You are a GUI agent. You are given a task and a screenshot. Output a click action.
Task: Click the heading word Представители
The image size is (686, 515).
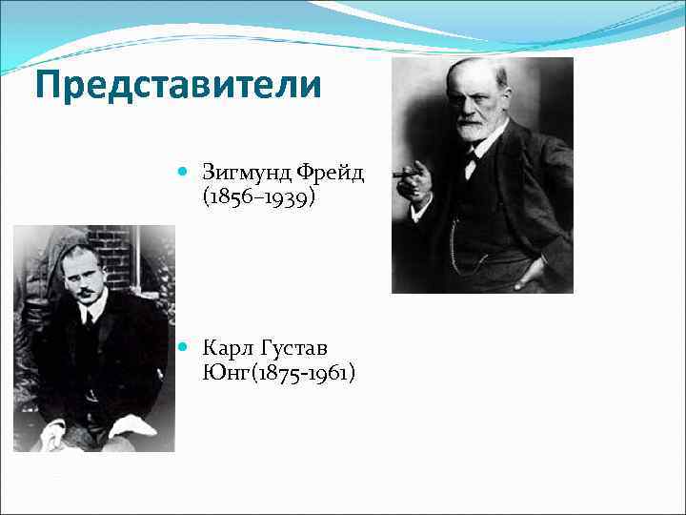(x=178, y=86)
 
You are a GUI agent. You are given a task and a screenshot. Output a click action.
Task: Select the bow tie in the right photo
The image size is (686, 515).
(x=473, y=159)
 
